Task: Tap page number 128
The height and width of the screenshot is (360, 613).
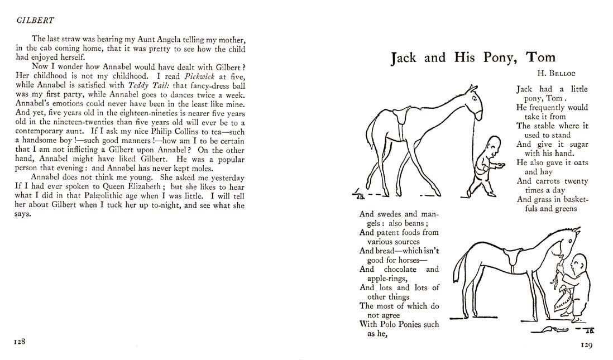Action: coord(21,340)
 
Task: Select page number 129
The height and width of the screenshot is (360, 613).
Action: coord(586,345)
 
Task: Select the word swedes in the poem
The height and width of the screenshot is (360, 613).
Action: coord(389,214)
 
